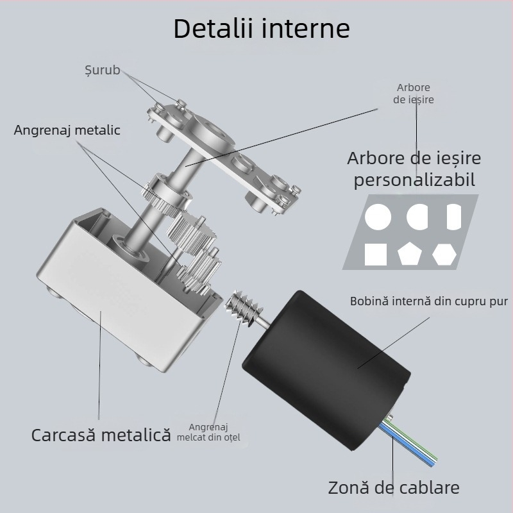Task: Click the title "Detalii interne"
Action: point(262,28)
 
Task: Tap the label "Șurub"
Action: point(103,71)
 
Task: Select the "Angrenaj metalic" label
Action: point(67,130)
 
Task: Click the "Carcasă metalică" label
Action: point(101,435)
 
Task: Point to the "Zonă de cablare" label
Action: point(394,487)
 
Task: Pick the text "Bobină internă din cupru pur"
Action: point(429,301)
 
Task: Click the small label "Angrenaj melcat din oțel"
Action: point(208,432)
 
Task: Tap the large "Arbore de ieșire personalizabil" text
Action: point(414,169)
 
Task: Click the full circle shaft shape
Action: point(378,217)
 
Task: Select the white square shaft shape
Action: point(376,254)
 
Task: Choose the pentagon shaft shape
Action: point(409,253)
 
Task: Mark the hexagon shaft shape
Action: point(444,254)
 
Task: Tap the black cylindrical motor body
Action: point(326,370)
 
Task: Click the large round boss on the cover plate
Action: point(210,134)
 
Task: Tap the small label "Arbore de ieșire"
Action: point(414,94)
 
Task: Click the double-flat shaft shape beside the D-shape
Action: point(454,217)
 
